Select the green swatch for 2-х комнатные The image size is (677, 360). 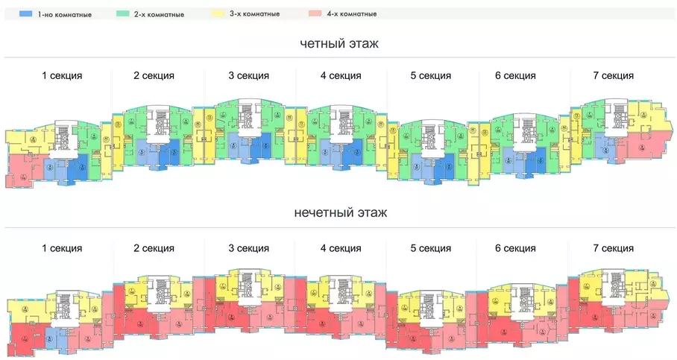(x=123, y=14)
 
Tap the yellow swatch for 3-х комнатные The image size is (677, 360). (x=218, y=14)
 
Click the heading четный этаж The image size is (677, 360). (x=338, y=44)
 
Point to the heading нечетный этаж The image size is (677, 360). (x=338, y=213)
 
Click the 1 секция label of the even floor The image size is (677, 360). (x=62, y=75)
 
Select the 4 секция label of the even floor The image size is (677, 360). (x=341, y=75)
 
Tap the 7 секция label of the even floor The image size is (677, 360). (x=613, y=75)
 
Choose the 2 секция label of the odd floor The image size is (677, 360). (x=154, y=248)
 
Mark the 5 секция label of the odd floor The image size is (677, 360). (x=430, y=248)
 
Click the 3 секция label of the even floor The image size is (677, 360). (x=249, y=75)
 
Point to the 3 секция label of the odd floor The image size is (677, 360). (x=249, y=248)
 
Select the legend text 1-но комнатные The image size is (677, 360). (x=66, y=14)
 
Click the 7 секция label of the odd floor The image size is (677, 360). (x=613, y=248)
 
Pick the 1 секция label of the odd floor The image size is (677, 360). (x=62, y=248)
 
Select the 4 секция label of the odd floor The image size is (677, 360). (x=341, y=248)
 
